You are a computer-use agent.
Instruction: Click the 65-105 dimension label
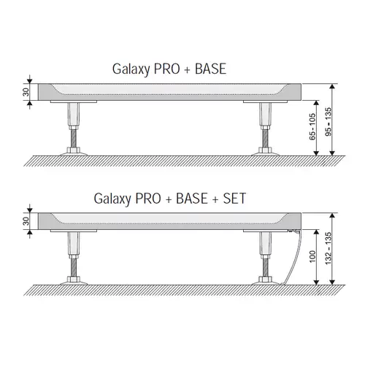point(312,127)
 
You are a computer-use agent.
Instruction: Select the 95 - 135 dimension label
point(328,122)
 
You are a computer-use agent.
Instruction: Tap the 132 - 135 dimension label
point(328,248)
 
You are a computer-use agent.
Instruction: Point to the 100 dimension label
point(312,256)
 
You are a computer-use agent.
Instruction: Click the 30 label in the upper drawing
point(26,92)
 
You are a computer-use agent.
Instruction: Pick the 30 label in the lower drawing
point(26,221)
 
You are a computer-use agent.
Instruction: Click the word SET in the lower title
point(234,199)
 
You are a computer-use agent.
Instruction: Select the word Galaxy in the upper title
point(131,69)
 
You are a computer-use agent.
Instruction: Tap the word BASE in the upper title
point(210,69)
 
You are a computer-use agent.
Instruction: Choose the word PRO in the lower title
point(148,199)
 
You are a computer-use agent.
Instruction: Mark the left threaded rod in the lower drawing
point(74,267)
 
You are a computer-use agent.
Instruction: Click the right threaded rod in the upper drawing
point(265,138)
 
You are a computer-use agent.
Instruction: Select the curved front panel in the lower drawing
point(293,257)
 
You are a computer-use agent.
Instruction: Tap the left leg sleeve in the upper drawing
point(74,114)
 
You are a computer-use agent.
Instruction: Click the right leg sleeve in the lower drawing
point(265,243)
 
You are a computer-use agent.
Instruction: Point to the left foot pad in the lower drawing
point(74,283)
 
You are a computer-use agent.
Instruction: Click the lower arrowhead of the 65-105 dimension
point(316,153)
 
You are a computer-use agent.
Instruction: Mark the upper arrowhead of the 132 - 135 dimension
point(332,216)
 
